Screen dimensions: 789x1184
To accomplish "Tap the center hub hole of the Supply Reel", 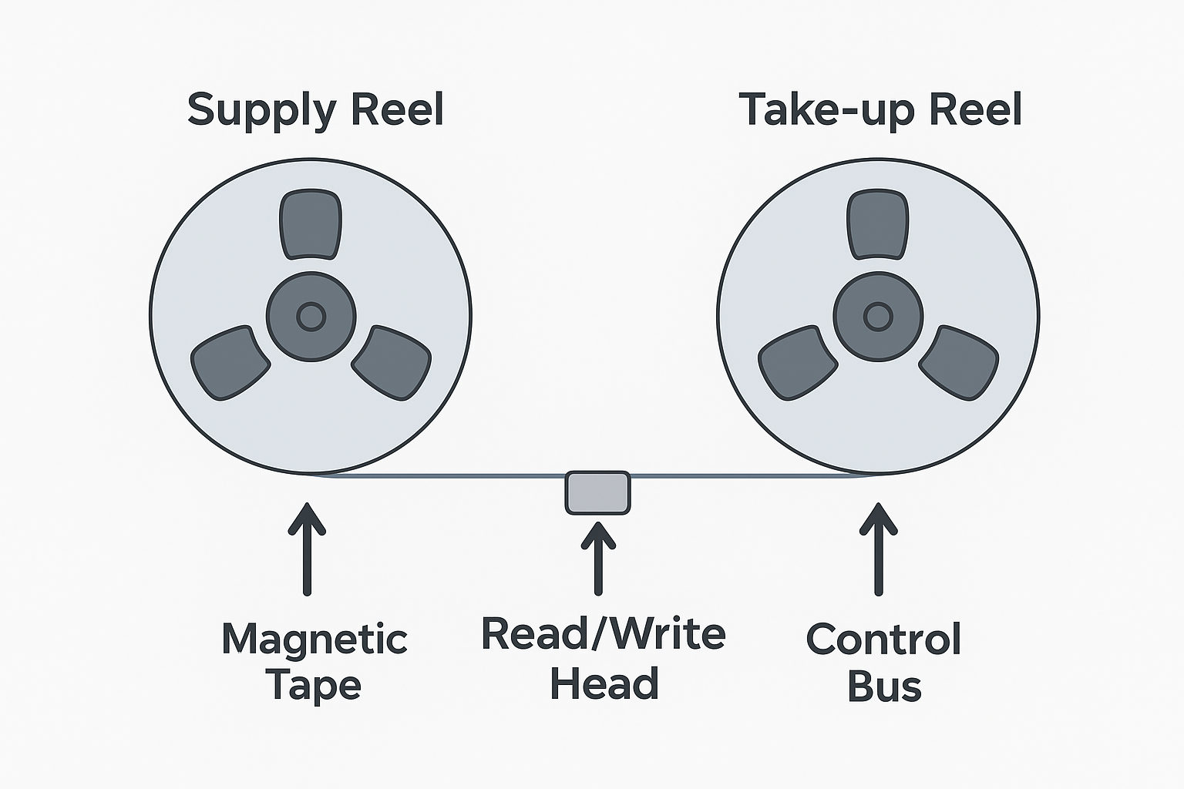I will click(311, 316).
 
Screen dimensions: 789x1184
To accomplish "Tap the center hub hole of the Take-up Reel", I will click(878, 316).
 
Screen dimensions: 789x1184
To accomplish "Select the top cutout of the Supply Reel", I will click(311, 224).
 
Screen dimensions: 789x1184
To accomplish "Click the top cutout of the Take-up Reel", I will click(878, 224).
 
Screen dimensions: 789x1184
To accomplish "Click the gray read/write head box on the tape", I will click(597, 492).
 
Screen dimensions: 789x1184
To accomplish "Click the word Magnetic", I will click(314, 640).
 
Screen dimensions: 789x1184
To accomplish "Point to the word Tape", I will click(313, 685).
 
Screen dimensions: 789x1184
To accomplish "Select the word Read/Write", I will click(603, 634).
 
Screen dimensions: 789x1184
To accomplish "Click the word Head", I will click(604, 683).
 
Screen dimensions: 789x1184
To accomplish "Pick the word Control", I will click(883, 640).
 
